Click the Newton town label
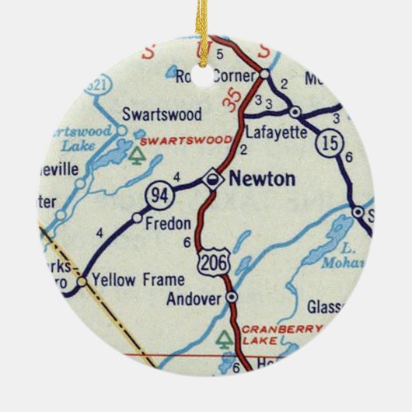(x=260, y=180)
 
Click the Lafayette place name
(x=276, y=132)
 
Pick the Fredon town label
(x=168, y=224)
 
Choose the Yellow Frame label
(x=129, y=278)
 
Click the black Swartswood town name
(x=161, y=114)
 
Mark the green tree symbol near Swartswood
(x=138, y=155)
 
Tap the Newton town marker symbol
(x=212, y=180)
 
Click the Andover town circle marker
(x=232, y=297)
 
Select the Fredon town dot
(x=137, y=217)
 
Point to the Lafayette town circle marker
(x=295, y=111)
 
